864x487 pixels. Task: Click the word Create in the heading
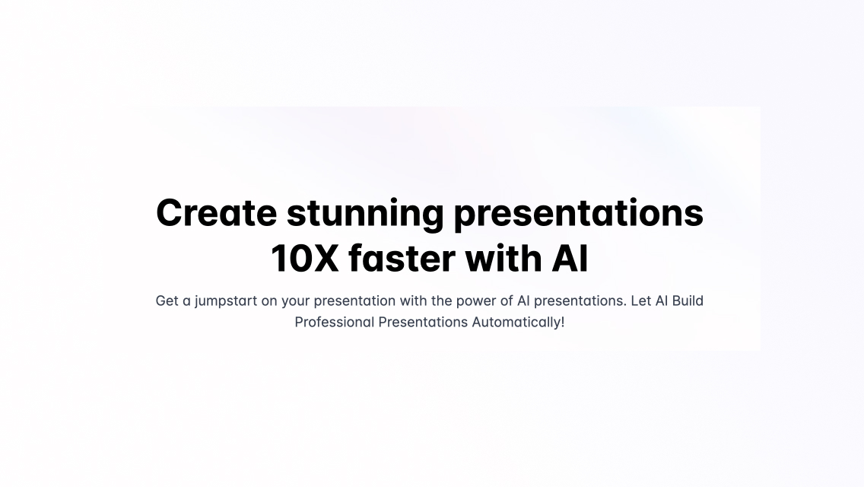(x=216, y=212)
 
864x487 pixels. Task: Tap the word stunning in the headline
(x=365, y=212)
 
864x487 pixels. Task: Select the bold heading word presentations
(x=578, y=212)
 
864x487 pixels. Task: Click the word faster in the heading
(x=402, y=259)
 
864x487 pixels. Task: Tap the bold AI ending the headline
(x=570, y=259)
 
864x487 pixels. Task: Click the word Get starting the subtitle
(x=167, y=301)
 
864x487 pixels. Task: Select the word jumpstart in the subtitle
(x=226, y=301)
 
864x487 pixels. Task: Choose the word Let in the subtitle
(x=641, y=301)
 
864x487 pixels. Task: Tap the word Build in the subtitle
(x=688, y=301)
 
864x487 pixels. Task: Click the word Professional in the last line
(x=335, y=322)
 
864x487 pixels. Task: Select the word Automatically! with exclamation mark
(x=518, y=322)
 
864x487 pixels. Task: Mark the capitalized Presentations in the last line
(x=423, y=322)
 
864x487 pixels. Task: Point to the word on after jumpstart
(x=269, y=301)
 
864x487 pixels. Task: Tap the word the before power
(x=441, y=301)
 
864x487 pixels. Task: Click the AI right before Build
(x=662, y=301)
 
